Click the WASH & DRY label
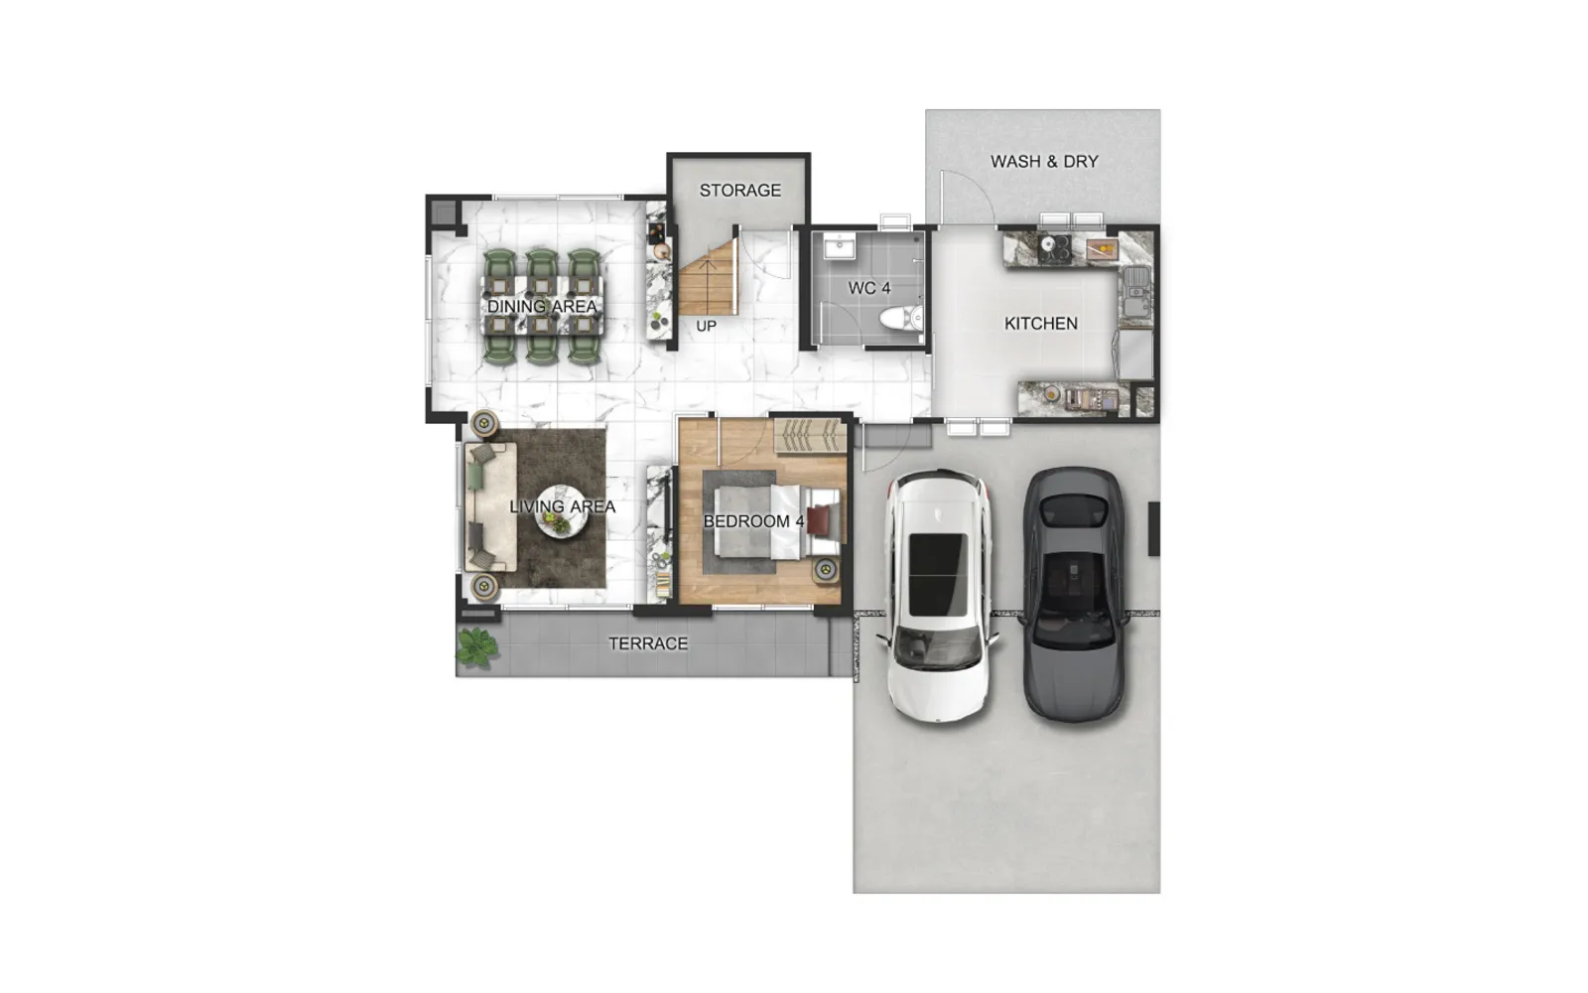coord(1044,162)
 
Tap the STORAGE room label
coord(740,190)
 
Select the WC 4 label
coord(869,288)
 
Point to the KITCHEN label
coord(1041,324)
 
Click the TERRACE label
coord(648,643)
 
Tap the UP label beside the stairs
coord(706,327)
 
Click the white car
coord(939,596)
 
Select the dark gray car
coord(1074,595)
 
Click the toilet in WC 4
coord(902,319)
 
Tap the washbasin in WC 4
coord(840,247)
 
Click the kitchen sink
coord(1136,292)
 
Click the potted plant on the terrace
coord(476,647)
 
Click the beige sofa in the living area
coord(490,507)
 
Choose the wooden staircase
coord(709,277)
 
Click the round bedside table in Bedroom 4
coord(825,570)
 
